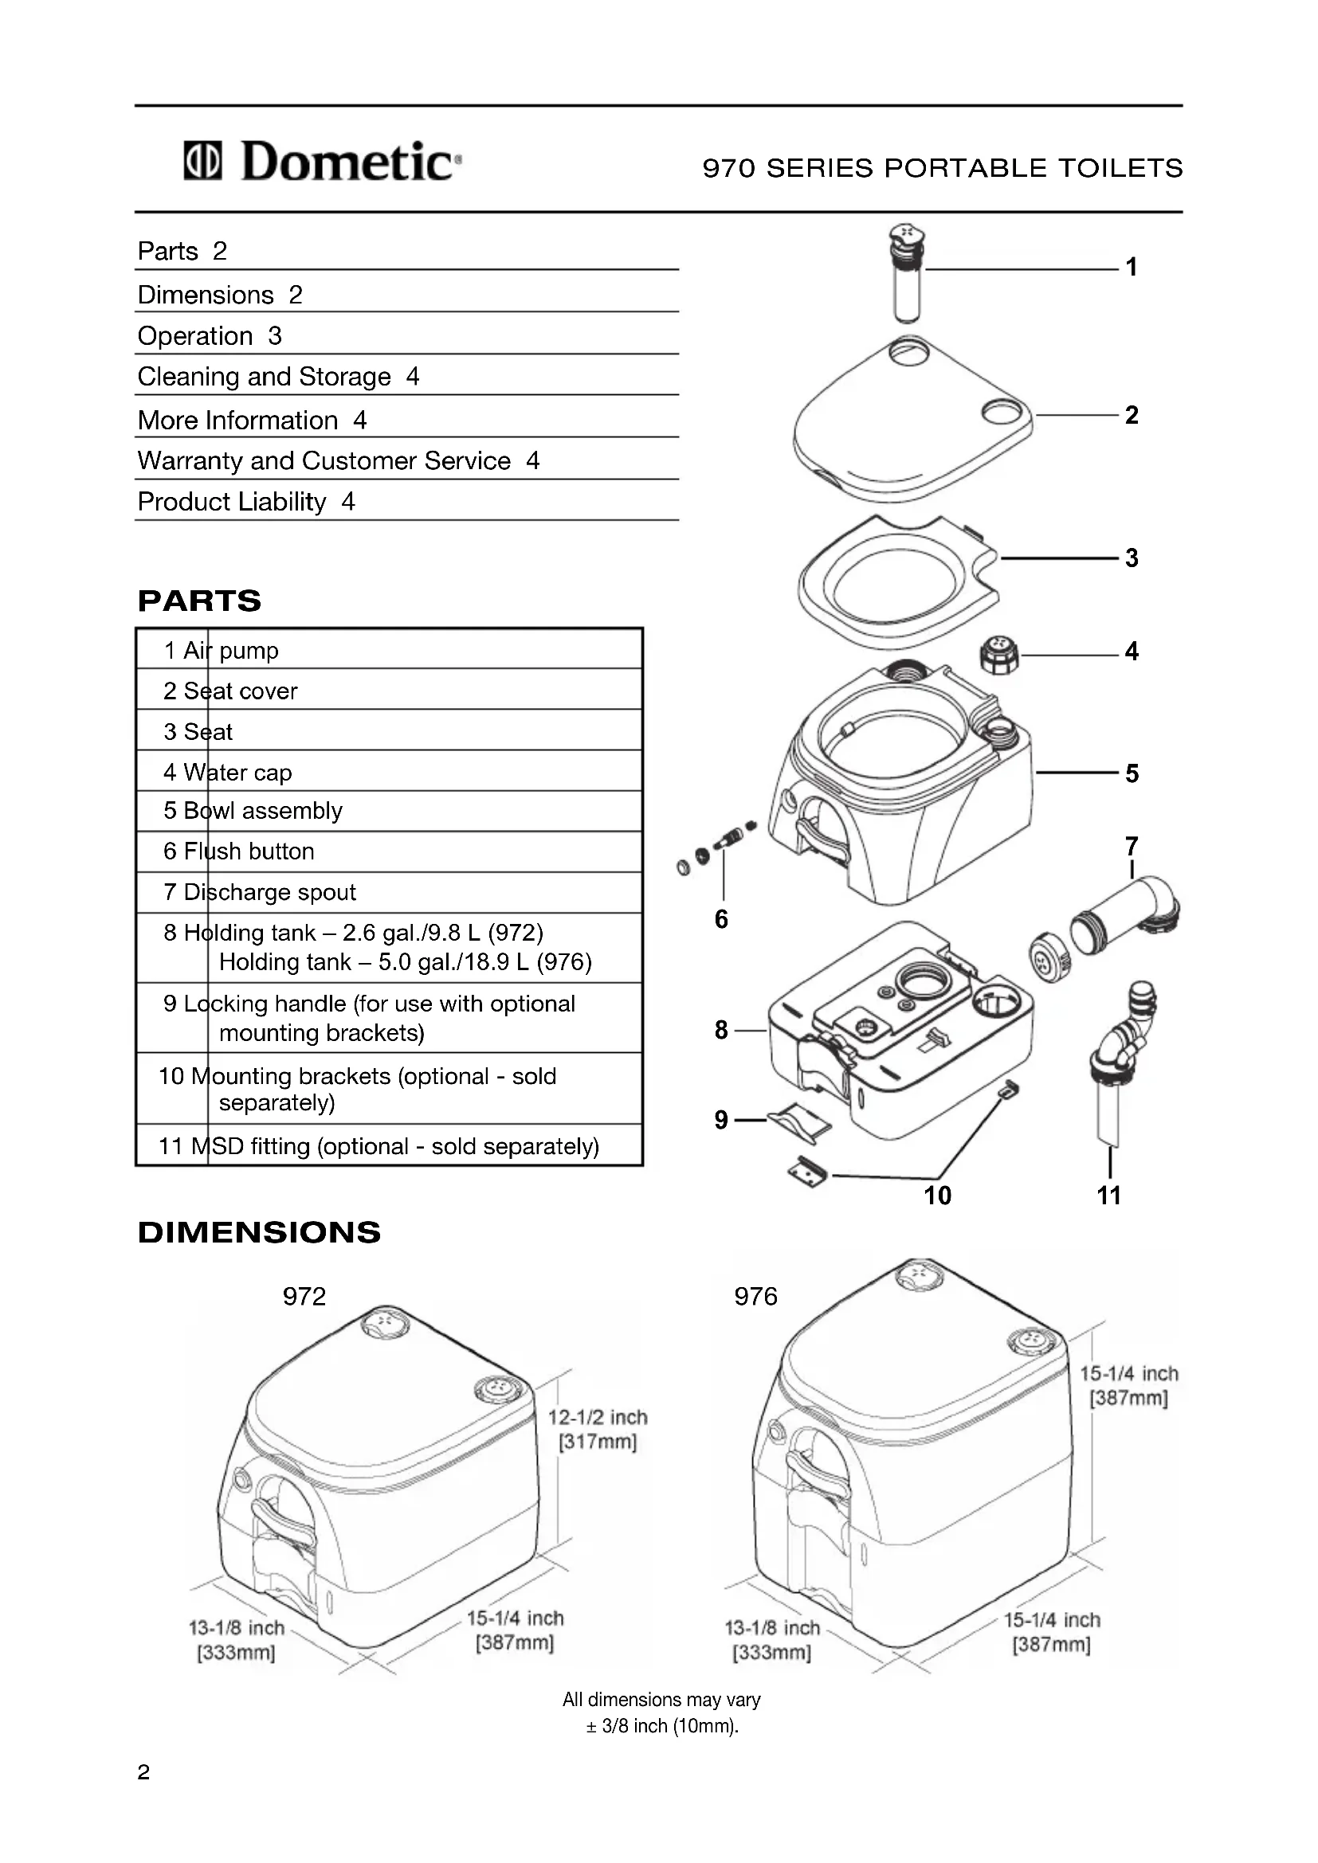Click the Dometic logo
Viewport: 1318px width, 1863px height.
322,161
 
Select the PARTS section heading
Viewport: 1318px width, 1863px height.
200,601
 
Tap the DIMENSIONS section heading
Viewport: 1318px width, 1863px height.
259,1232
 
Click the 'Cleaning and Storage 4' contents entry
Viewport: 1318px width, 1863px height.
278,377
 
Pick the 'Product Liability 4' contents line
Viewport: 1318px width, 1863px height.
246,502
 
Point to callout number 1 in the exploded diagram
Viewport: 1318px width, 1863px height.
1131,267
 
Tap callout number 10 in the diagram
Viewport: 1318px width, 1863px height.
937,1196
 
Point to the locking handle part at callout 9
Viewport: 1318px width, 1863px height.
799,1122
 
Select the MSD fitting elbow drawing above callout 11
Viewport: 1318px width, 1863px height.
1124,1047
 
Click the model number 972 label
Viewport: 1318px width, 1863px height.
304,1297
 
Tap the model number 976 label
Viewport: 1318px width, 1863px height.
755,1297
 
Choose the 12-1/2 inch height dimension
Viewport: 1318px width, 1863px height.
598,1429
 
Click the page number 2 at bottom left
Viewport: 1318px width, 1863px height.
143,1772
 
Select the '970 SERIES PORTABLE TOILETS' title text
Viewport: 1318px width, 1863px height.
942,168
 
